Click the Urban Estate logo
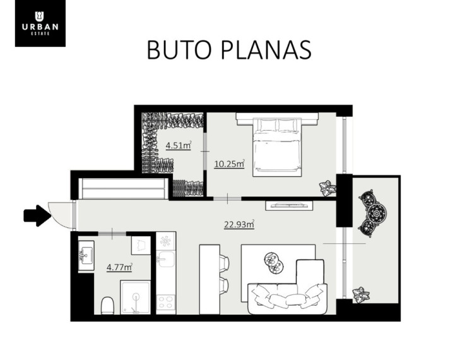40,23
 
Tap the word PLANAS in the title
266,50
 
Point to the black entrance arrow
37,216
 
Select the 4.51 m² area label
179,145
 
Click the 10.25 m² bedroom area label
229,164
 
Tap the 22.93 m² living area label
239,224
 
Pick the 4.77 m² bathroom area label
119,267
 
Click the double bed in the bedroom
277,147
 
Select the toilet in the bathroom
107,306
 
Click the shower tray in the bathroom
136,297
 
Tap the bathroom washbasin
86,256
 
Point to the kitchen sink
166,259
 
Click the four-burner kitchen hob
166,303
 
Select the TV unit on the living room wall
289,205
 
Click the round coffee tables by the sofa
274,263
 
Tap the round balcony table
377,213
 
